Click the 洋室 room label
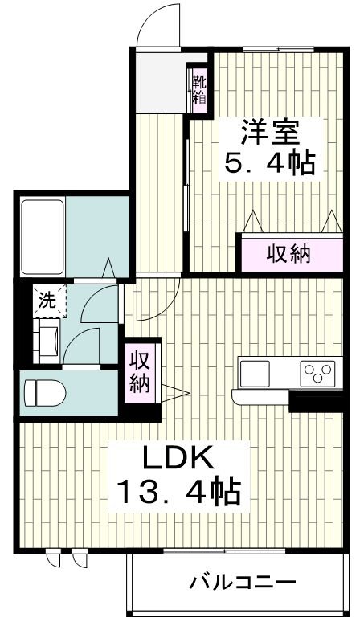(x=268, y=131)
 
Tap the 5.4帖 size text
(x=268, y=163)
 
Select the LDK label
(x=178, y=459)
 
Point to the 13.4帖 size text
(x=178, y=489)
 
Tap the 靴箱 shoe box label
(x=198, y=89)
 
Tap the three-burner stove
(x=317, y=373)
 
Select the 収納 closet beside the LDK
(x=140, y=370)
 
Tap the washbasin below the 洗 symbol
(x=47, y=338)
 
